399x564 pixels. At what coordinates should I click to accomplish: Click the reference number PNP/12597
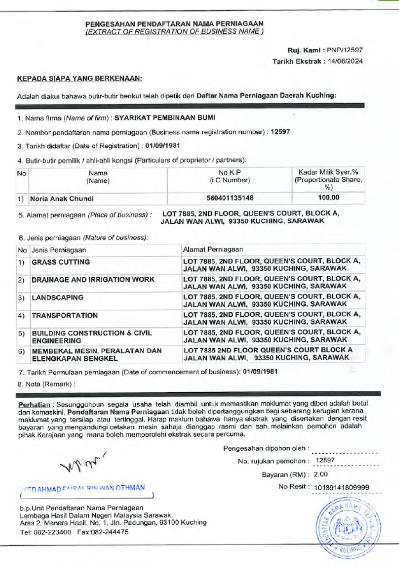(345, 50)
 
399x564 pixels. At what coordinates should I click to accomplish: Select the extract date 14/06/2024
(345, 61)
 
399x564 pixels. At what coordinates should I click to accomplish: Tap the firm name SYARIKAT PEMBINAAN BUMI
(165, 118)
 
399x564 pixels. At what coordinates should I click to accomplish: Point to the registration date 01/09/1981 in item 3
(163, 146)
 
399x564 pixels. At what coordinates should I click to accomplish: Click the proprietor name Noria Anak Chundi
(62, 199)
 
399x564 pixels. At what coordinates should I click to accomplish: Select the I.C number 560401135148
(230, 198)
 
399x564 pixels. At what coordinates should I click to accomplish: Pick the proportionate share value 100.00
(328, 197)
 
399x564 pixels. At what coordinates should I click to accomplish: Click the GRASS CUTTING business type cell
(61, 262)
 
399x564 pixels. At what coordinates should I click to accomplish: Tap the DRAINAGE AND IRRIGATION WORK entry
(93, 279)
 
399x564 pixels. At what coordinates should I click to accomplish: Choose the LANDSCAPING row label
(58, 298)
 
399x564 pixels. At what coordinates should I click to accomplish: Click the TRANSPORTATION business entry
(65, 315)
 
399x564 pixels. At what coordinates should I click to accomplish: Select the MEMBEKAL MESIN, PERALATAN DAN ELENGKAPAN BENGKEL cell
(97, 354)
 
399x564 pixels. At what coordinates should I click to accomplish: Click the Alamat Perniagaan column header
(213, 250)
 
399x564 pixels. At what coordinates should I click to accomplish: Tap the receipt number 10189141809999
(341, 488)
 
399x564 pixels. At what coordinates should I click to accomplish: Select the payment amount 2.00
(321, 474)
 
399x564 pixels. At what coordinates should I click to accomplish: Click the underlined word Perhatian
(34, 405)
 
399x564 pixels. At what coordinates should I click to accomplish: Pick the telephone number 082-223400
(52, 532)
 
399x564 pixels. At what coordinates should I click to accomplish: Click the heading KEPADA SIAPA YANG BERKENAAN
(80, 78)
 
